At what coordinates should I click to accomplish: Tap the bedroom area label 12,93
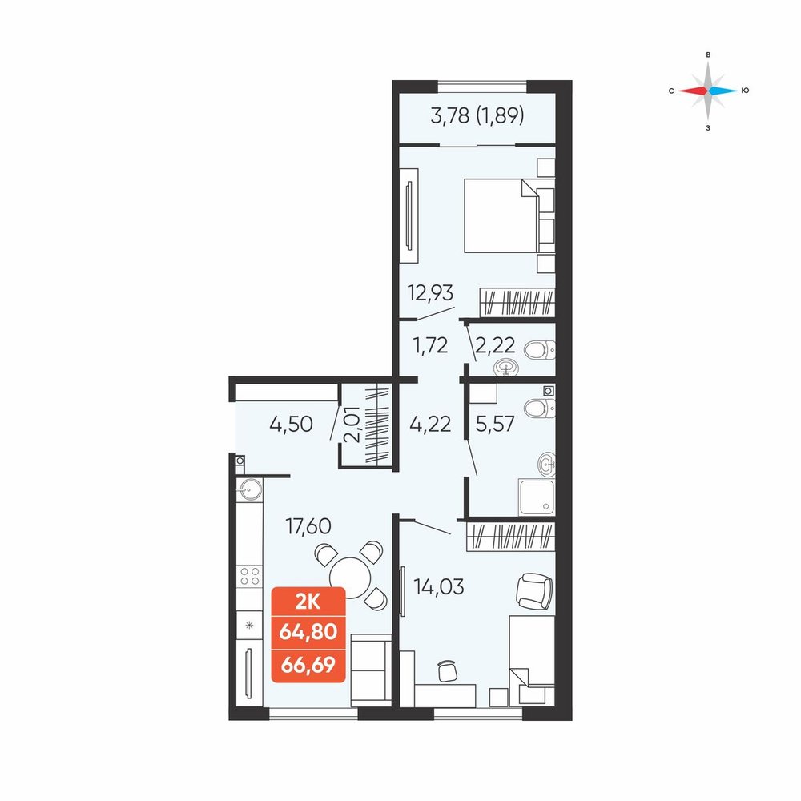pyautogui.click(x=430, y=293)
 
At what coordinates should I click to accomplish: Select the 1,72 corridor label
pyautogui.click(x=430, y=346)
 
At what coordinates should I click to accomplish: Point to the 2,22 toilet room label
pyautogui.click(x=494, y=346)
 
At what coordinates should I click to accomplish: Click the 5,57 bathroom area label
pyautogui.click(x=494, y=424)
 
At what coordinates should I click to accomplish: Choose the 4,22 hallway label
pyautogui.click(x=430, y=424)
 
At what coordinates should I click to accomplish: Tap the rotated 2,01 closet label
pyautogui.click(x=352, y=424)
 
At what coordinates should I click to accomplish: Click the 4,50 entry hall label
pyautogui.click(x=291, y=424)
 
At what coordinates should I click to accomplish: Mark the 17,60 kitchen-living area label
pyautogui.click(x=308, y=525)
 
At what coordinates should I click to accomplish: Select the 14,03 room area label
pyautogui.click(x=439, y=586)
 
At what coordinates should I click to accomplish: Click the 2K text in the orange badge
pyautogui.click(x=308, y=603)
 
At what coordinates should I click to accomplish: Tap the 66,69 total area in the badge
pyautogui.click(x=308, y=665)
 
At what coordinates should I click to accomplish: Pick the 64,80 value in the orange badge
pyautogui.click(x=308, y=632)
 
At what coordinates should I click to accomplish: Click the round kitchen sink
pyautogui.click(x=249, y=489)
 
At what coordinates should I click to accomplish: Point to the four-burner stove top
pyautogui.click(x=249, y=576)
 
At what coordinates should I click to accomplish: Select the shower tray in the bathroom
pyautogui.click(x=537, y=497)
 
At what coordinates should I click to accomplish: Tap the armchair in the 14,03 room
pyautogui.click(x=534, y=591)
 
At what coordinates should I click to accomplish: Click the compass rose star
pyautogui.click(x=708, y=91)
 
